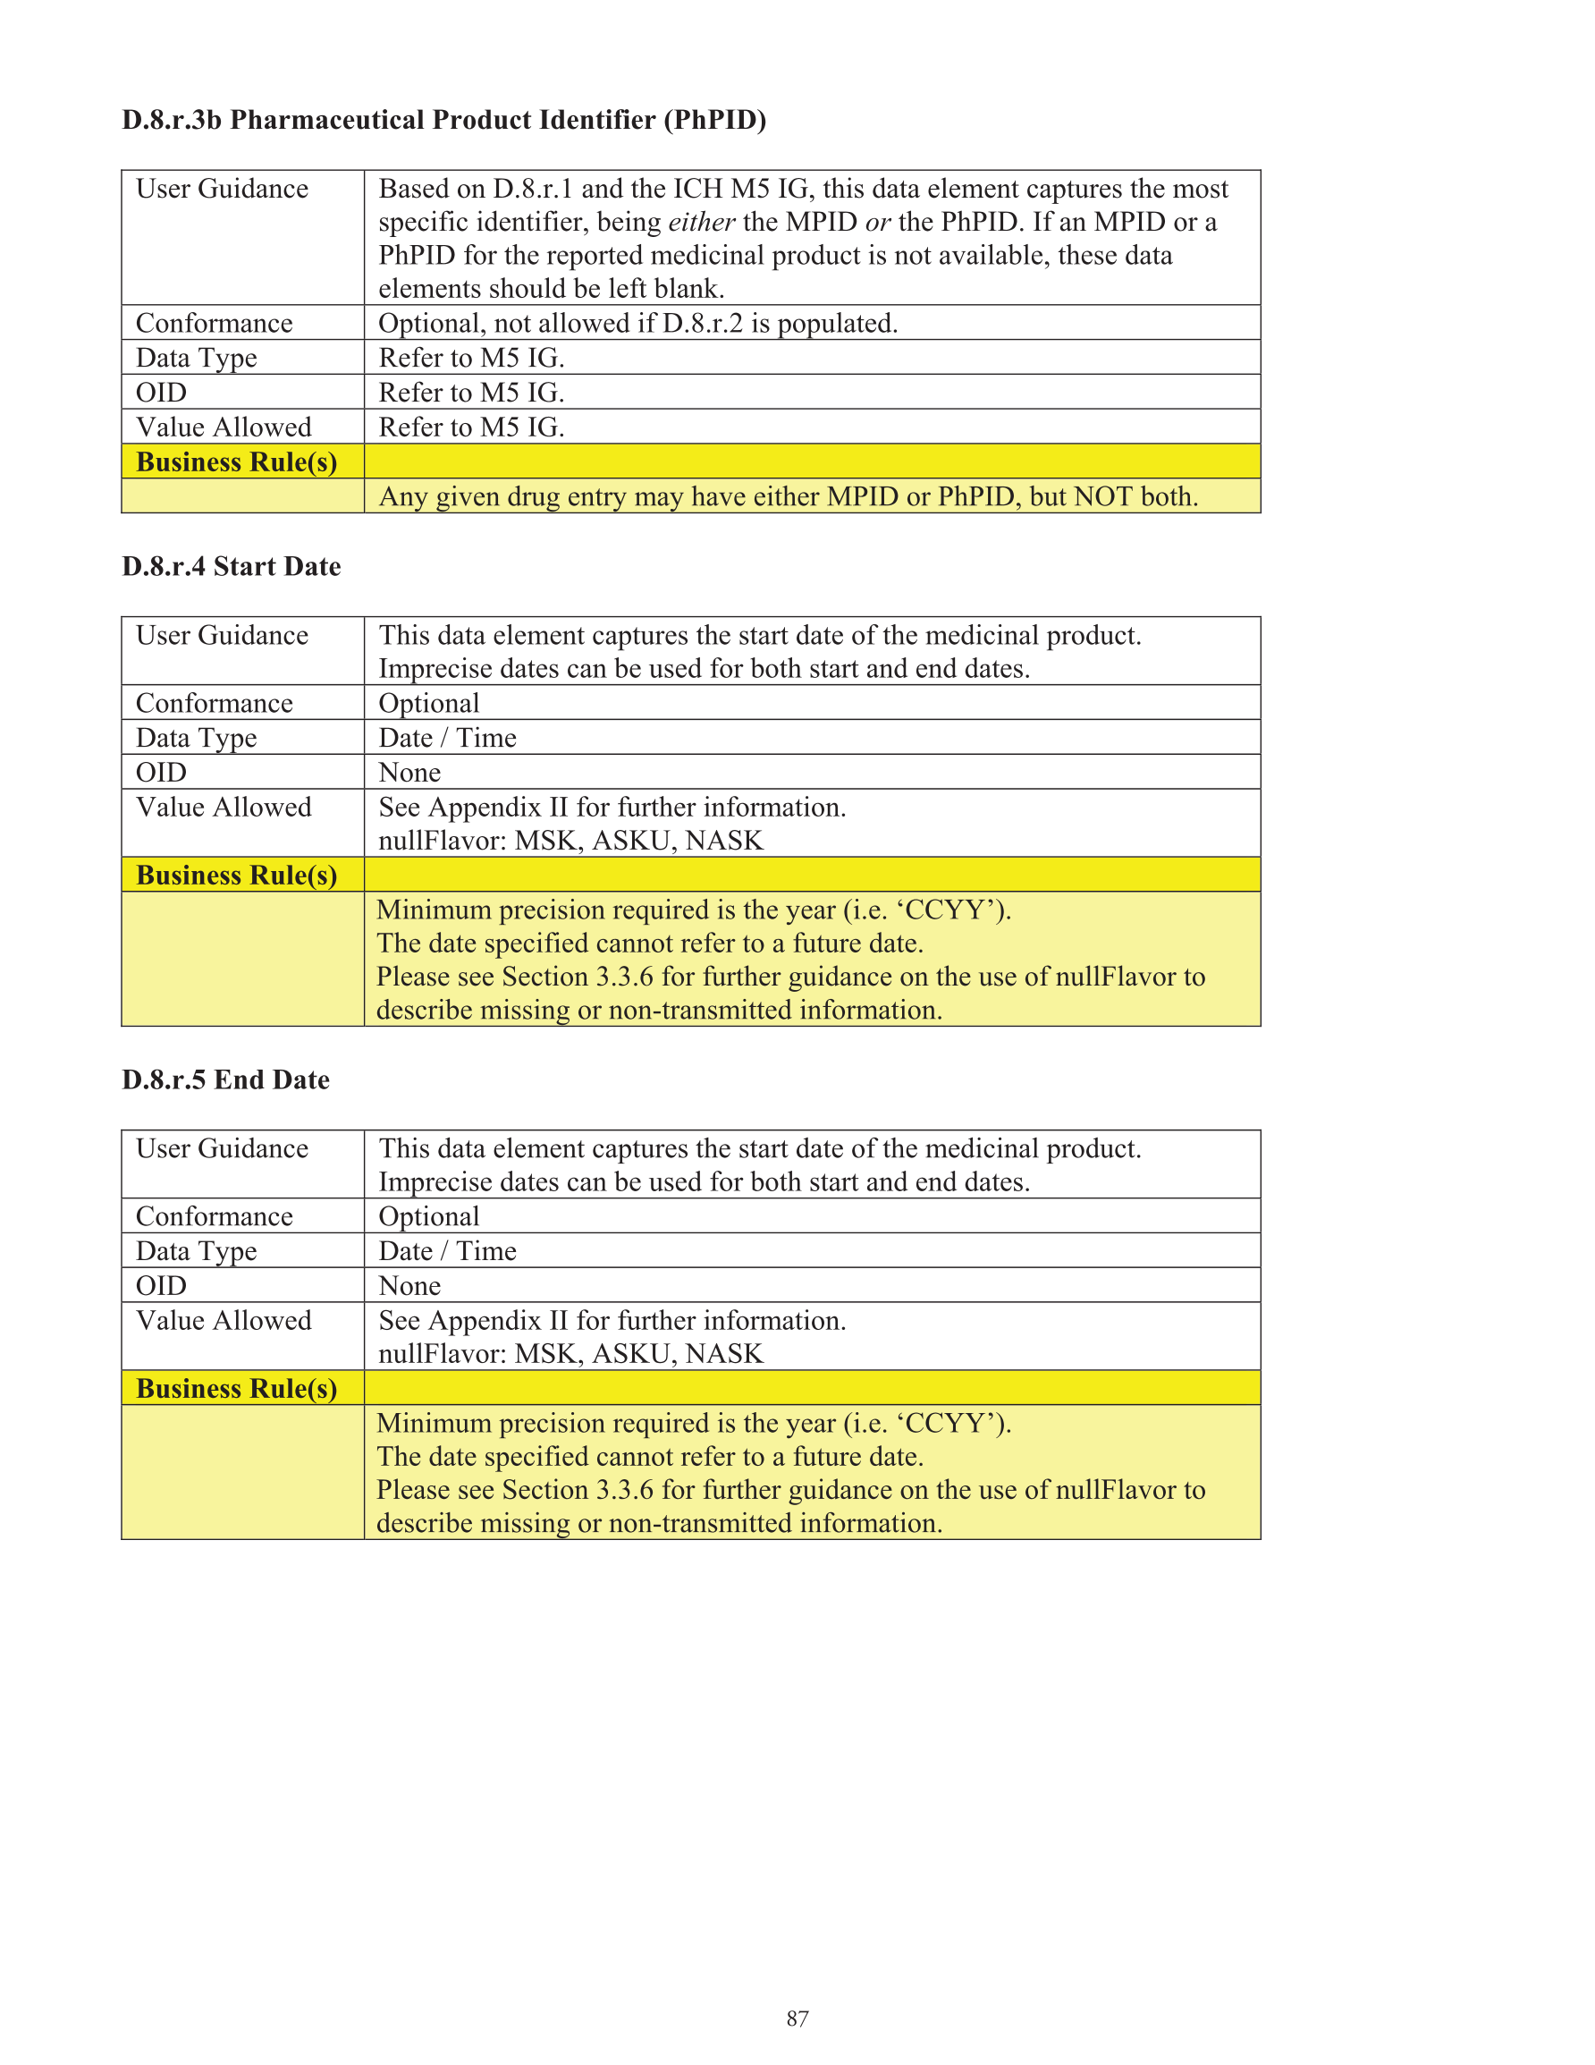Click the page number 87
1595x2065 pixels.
(797, 2018)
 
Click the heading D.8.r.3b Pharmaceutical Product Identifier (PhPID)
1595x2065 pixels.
(443, 120)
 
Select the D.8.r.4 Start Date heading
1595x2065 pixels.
(232, 566)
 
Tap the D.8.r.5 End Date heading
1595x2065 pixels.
(226, 1079)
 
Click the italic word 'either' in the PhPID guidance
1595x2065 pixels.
(702, 222)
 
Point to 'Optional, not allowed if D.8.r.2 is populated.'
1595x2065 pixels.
(638, 324)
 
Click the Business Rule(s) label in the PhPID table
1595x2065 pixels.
(236, 462)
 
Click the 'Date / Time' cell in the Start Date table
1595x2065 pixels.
(447, 738)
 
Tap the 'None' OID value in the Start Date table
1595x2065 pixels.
(409, 773)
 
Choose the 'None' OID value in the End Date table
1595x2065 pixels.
(409, 1286)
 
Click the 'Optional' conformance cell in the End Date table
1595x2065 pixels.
(429, 1217)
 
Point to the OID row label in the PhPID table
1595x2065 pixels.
(162, 393)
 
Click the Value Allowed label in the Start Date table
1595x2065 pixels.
(224, 808)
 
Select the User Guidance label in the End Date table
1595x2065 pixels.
(223, 1149)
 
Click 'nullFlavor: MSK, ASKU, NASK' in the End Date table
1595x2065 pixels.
(570, 1354)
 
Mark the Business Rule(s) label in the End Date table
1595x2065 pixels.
(236, 1389)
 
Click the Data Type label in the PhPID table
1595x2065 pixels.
(197, 359)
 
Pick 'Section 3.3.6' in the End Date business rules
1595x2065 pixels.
(577, 1490)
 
